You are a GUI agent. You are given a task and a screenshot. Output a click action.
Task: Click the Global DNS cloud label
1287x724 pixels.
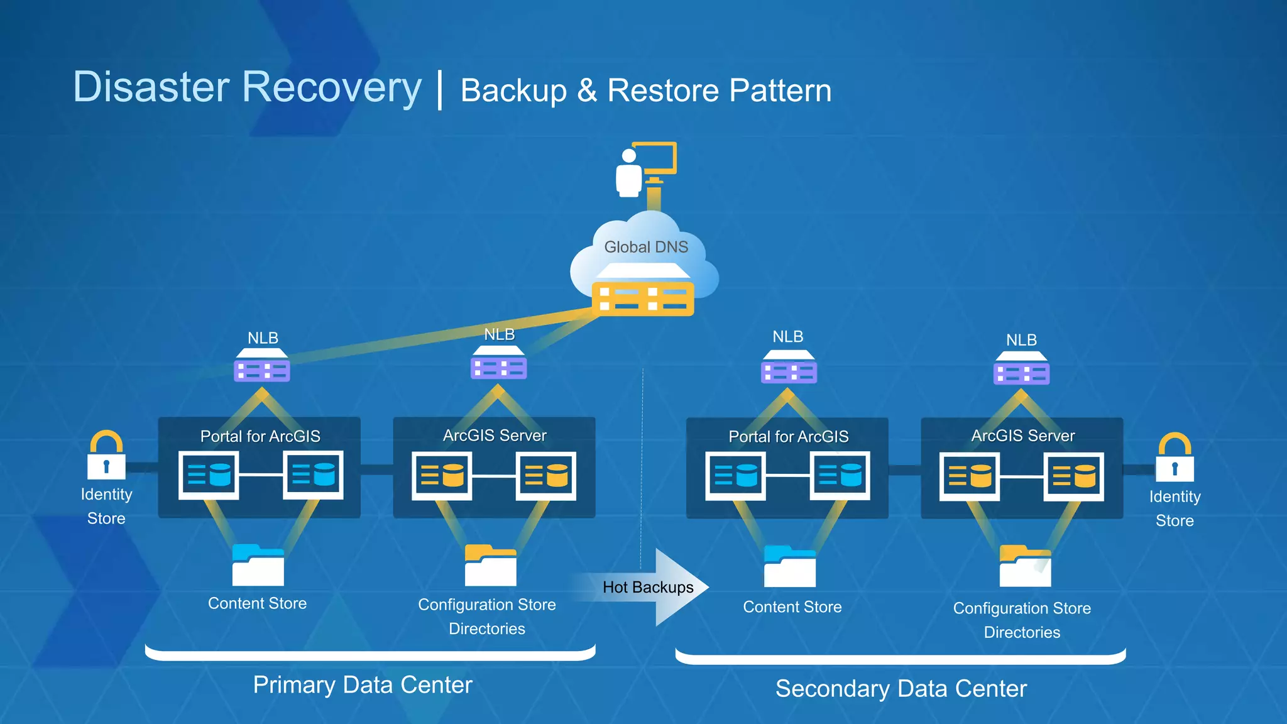[x=646, y=247]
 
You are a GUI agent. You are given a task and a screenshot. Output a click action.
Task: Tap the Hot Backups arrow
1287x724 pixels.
[x=654, y=587]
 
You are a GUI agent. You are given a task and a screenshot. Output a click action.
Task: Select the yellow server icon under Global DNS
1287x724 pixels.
[x=643, y=298]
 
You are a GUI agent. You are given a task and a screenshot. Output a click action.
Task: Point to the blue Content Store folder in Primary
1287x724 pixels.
[x=258, y=565]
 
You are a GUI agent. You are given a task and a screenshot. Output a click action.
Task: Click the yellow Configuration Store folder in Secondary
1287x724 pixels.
[x=1025, y=566]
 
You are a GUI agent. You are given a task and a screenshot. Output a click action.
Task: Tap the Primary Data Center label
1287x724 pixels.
[x=363, y=684]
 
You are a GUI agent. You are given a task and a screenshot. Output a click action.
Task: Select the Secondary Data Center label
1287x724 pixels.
[x=901, y=688]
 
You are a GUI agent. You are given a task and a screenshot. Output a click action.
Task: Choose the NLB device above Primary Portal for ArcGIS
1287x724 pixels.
[x=262, y=366]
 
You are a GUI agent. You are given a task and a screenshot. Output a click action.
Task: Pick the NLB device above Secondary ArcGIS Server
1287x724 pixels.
[x=1021, y=369]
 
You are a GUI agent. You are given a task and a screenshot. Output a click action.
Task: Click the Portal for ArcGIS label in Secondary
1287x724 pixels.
[x=788, y=436]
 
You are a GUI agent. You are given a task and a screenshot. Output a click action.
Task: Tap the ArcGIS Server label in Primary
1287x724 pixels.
[x=495, y=435]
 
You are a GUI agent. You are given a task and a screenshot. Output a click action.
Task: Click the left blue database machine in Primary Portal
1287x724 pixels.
[x=209, y=474]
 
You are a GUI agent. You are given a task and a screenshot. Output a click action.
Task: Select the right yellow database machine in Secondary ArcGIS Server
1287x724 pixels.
[x=1073, y=476]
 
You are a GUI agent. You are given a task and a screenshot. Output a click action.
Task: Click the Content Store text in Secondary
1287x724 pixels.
[x=792, y=606]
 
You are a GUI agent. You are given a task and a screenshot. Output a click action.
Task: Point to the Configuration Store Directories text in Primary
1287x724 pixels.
[x=487, y=616]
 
